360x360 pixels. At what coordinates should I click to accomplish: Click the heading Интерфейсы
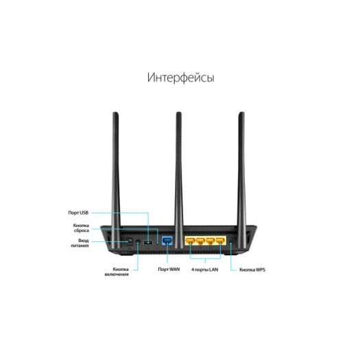[181, 77]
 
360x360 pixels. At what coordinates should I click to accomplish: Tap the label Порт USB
[78, 213]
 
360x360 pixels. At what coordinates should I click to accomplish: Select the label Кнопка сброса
[81, 228]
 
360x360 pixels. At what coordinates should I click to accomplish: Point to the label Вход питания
[80, 243]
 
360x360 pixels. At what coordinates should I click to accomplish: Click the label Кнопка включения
[117, 272]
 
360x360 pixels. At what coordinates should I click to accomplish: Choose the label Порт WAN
[169, 269]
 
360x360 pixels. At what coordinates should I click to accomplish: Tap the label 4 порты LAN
[205, 269]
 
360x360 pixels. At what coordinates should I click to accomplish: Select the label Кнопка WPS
[252, 269]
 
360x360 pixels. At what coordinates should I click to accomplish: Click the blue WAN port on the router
[167, 241]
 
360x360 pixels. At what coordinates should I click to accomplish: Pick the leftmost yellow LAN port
[191, 241]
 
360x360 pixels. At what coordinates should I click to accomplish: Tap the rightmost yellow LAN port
[221, 241]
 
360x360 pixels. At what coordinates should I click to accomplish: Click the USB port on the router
[148, 242]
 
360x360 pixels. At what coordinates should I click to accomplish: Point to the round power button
[138, 242]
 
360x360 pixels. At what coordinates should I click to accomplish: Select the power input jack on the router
[130, 242]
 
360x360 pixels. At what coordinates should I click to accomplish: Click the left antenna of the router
[116, 180]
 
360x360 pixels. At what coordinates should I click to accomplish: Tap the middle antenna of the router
[178, 180]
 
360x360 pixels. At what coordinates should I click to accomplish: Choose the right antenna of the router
[241, 180]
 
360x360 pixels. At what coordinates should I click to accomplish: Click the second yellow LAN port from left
[200, 241]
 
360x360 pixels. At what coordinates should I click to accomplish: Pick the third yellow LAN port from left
[211, 241]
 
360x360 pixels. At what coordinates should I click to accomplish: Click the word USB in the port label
[84, 213]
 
